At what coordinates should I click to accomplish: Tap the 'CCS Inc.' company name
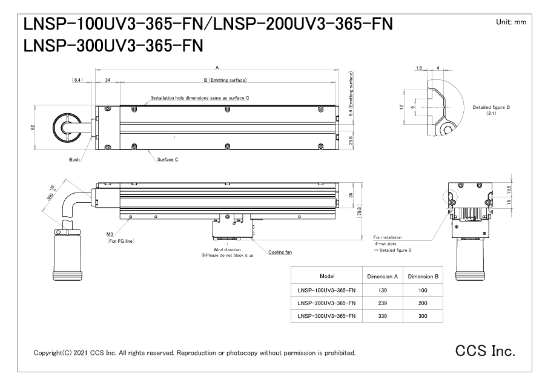click(x=485, y=350)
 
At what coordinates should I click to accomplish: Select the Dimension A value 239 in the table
click(x=383, y=303)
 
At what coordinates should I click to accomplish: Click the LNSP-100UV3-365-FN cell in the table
click(x=327, y=289)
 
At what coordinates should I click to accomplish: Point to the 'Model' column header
click(x=327, y=275)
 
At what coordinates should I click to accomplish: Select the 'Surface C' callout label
click(x=167, y=160)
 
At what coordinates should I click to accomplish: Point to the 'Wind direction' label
click(x=226, y=249)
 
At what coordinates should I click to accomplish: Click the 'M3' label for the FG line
click(x=111, y=235)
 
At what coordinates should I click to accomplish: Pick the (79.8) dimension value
click(x=358, y=212)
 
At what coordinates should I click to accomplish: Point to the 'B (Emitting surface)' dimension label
click(x=225, y=80)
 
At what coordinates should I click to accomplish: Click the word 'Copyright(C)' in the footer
click(x=52, y=352)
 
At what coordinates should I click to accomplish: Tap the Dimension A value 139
click(x=383, y=289)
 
